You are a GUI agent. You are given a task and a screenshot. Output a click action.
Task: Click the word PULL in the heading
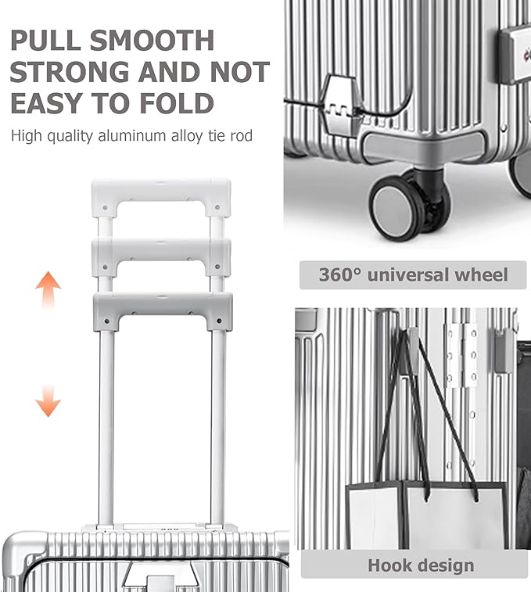coord(45,40)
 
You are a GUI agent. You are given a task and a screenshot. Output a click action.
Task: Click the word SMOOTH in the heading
coord(152,40)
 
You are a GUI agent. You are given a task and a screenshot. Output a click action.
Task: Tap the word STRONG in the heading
coord(70,72)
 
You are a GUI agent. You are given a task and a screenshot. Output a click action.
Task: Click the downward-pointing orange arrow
coord(48,400)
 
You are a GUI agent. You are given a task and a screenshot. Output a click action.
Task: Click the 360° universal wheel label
coord(413,274)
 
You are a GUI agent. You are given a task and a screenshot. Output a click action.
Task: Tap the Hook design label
coord(421,565)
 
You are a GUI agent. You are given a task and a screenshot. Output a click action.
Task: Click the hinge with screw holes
coord(461,355)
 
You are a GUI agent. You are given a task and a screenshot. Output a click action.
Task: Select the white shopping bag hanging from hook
coord(427,515)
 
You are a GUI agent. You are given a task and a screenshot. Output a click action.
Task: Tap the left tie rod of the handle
coord(106,427)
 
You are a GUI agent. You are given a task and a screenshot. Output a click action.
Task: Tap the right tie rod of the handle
coord(218,427)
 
